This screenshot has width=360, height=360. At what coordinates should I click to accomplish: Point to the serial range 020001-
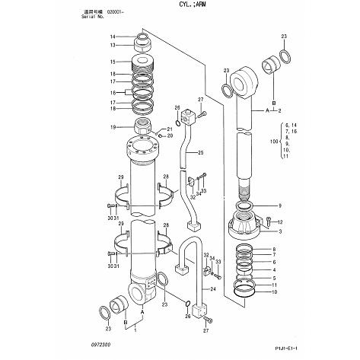117,12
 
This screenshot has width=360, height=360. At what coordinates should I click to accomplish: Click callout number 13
113,45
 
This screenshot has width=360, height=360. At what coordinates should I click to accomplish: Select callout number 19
113,126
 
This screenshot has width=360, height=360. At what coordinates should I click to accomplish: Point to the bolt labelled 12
268,221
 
